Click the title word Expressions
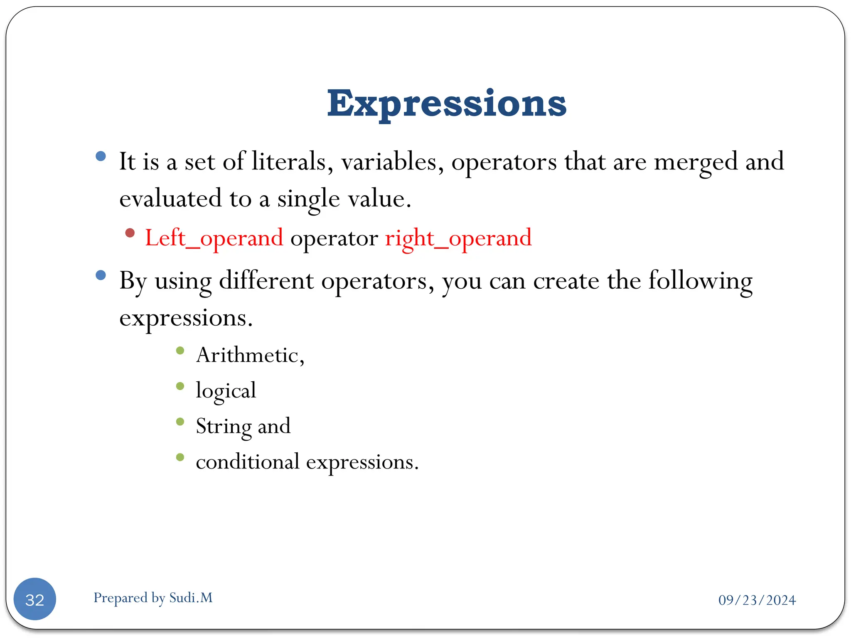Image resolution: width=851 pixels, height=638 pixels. point(447,104)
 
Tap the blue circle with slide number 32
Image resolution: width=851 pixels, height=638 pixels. point(35,599)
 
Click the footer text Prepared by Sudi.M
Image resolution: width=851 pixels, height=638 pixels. point(153,598)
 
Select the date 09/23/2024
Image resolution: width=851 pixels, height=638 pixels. point(757,600)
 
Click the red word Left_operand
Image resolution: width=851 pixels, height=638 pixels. point(214,238)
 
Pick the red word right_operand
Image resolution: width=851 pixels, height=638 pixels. point(458,238)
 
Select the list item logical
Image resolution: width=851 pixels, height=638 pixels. point(226,391)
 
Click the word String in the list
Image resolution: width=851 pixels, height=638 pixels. point(223,427)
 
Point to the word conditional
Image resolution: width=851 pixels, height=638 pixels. point(248,461)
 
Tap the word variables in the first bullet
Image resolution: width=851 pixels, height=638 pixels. point(392,162)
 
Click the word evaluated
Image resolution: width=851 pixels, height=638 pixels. point(170,198)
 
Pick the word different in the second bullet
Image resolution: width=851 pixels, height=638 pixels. point(266,280)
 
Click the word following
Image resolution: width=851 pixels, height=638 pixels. point(700,281)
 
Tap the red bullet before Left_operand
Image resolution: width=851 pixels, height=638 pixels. point(130,233)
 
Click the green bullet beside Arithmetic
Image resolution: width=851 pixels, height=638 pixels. point(180,351)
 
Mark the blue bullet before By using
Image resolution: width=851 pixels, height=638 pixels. point(101,275)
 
